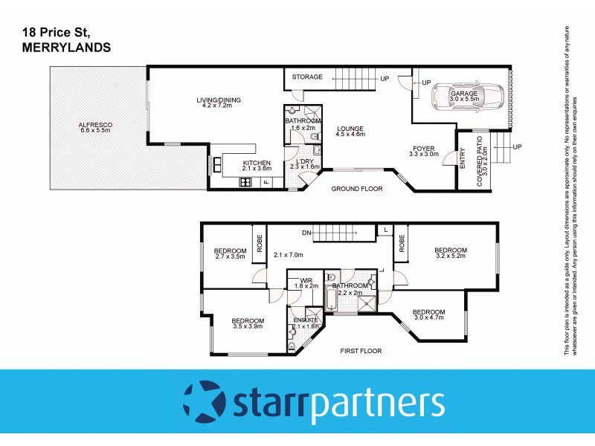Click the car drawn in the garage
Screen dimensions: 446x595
(469, 97)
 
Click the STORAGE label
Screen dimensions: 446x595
(307, 77)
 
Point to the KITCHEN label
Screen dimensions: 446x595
(257, 163)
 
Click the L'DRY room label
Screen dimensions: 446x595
(307, 162)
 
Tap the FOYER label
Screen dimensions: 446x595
(423, 148)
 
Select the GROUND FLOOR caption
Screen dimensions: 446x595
(357, 189)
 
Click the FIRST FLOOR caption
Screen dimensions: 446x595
(360, 350)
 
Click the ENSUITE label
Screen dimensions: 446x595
(306, 320)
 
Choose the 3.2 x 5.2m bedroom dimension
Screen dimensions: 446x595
(451, 256)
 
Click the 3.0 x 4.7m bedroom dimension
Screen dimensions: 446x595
(429, 318)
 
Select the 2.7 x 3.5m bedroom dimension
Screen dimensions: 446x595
(230, 256)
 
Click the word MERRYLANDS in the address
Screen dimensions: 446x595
(62, 47)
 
